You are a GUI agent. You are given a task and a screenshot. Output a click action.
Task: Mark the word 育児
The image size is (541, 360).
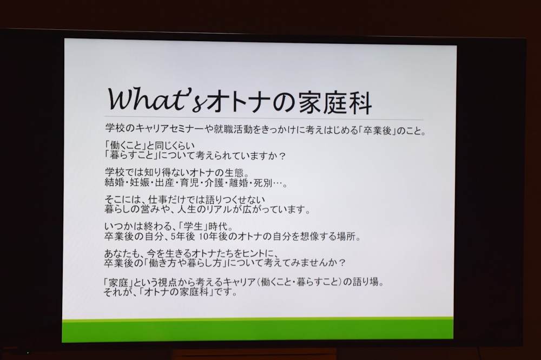(189, 182)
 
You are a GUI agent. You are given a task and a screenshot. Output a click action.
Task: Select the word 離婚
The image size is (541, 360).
(239, 182)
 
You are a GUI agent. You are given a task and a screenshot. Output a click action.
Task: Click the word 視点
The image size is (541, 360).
(168, 282)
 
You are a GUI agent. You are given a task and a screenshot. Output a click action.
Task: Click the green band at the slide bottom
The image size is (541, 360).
(258, 330)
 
